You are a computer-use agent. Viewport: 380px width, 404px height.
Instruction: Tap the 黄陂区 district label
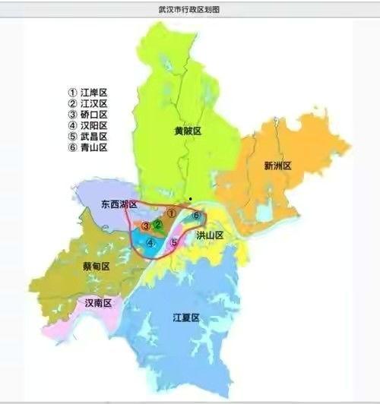pyautogui.click(x=187, y=131)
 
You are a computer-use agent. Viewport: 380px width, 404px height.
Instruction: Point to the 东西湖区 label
pyautogui.click(x=119, y=205)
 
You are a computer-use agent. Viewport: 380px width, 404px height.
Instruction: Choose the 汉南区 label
pyautogui.click(x=97, y=303)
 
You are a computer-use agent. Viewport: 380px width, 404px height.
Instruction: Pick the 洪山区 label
pyautogui.click(x=210, y=236)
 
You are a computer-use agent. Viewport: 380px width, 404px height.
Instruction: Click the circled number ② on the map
pyautogui.click(x=157, y=224)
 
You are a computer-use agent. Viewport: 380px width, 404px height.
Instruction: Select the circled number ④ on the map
pyautogui.click(x=150, y=244)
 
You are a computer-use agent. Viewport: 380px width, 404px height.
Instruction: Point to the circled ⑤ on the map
pyautogui.click(x=174, y=243)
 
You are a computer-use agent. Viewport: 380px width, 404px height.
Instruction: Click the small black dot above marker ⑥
pyautogui.click(x=191, y=200)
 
